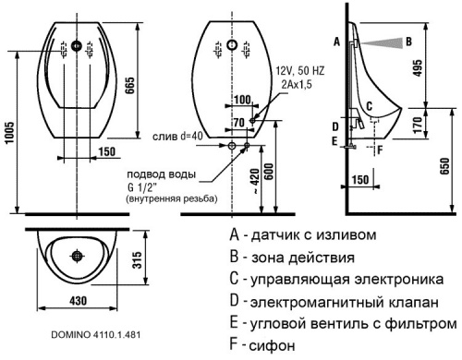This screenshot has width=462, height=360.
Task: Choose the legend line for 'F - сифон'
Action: click(x=267, y=346)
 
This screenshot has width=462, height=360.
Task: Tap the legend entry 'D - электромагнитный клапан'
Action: click(x=338, y=302)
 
